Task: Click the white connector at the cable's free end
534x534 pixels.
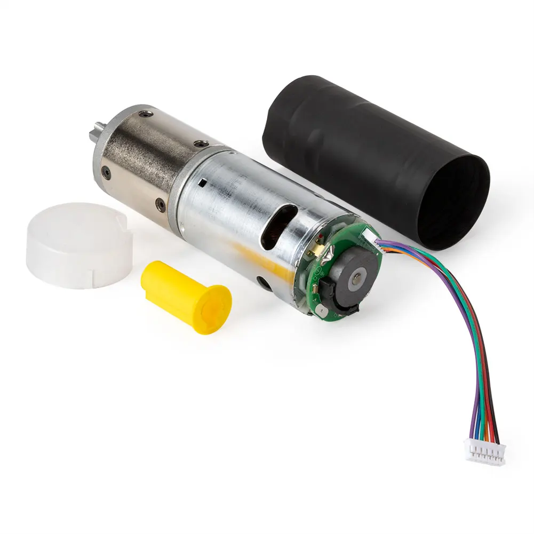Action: pyautogui.click(x=485, y=453)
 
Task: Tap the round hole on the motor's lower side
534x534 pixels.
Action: pyautogui.click(x=262, y=281)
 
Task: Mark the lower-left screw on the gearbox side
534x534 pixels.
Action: pyautogui.click(x=107, y=172)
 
